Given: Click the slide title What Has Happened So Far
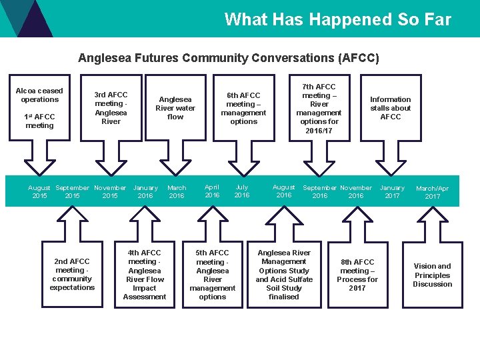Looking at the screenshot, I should [x=337, y=19].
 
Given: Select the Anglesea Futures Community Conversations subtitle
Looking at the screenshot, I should [x=228, y=58].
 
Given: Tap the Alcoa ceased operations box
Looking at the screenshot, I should [x=39, y=107].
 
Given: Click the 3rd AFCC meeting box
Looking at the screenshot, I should [x=111, y=108].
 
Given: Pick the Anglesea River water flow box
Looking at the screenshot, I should [x=175, y=108].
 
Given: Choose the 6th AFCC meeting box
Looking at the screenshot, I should [x=243, y=108].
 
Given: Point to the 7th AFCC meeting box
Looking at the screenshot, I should [x=319, y=108].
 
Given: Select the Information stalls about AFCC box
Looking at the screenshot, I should [x=391, y=108].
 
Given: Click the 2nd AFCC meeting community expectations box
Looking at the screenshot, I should [x=72, y=274].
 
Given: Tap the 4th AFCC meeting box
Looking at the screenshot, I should [x=145, y=274].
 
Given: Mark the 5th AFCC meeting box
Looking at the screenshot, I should [x=213, y=274].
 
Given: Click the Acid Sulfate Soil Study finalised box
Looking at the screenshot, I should [x=284, y=274].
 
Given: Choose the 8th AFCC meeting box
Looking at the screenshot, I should [x=357, y=274].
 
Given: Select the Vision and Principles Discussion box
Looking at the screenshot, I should [x=433, y=274].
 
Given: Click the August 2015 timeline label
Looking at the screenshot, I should [x=39, y=192].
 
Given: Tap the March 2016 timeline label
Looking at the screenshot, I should [x=177, y=192].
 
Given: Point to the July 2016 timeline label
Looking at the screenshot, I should [x=242, y=191].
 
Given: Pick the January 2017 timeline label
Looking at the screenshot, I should [x=392, y=192].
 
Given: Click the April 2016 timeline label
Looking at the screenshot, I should [x=212, y=191].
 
